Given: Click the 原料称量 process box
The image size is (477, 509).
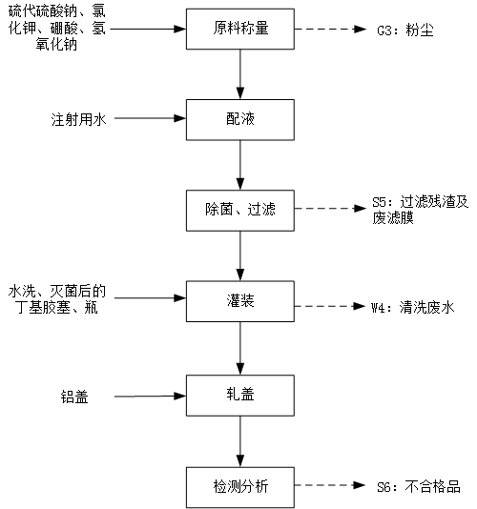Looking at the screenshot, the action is [x=240, y=29].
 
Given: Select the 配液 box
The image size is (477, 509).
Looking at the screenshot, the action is [x=240, y=120].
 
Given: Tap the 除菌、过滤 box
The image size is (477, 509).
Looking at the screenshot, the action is [x=240, y=211].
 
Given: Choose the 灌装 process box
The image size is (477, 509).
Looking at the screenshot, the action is [x=240, y=301].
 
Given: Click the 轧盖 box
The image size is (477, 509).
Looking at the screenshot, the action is [x=240, y=396].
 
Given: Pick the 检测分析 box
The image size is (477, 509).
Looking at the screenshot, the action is [x=240, y=487].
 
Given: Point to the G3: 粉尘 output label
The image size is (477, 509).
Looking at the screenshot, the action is [x=405, y=31].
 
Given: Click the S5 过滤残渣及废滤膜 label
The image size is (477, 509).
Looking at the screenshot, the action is [x=420, y=210].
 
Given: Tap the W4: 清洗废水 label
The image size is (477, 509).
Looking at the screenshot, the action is [x=412, y=307].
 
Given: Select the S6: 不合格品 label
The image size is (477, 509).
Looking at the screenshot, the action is [x=419, y=487].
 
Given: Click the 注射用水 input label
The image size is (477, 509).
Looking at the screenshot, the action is [x=78, y=119].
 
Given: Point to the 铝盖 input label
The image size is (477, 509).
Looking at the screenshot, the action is [x=74, y=397].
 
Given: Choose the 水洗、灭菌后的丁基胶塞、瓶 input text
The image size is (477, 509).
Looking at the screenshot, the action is [x=57, y=299].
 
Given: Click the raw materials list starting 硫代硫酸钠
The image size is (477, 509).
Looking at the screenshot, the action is [x=57, y=28].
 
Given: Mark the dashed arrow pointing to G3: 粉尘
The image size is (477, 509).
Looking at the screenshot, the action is [x=330, y=29].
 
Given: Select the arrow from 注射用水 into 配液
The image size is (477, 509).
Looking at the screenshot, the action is [x=150, y=118].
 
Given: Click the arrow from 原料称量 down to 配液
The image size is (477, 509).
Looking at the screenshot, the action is [x=240, y=74].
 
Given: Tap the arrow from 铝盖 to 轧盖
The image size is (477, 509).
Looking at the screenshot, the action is [x=150, y=396].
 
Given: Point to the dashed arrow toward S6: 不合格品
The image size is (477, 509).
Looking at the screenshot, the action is [x=330, y=485].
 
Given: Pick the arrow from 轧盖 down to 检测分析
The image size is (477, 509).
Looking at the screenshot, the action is [x=240, y=441].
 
